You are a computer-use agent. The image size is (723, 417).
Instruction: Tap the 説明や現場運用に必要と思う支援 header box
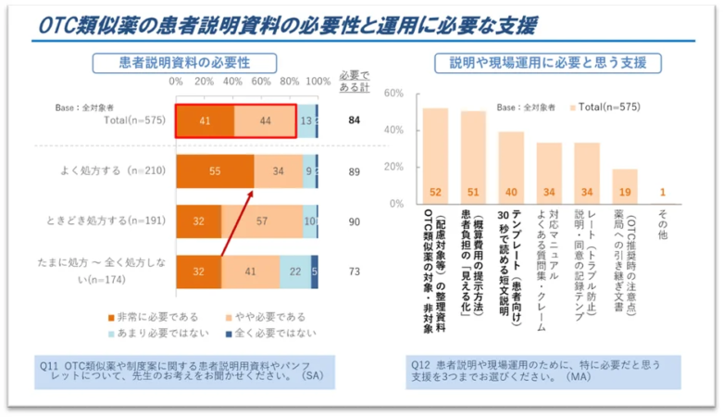pyautogui.click(x=548, y=63)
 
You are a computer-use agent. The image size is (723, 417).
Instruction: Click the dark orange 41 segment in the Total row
pyautogui.click(x=205, y=120)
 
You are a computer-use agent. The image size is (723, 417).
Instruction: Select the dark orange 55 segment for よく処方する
pyautogui.click(x=215, y=171)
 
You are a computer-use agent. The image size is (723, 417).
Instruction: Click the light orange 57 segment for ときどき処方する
pyautogui.click(x=262, y=221)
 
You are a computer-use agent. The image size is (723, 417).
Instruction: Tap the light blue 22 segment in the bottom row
pyautogui.click(x=294, y=272)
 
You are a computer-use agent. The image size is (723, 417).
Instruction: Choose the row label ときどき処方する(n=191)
pyautogui.click(x=104, y=221)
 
